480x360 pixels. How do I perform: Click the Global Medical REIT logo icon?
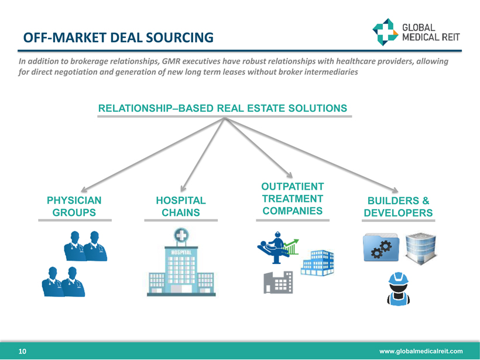pyautogui.click(x=385, y=32)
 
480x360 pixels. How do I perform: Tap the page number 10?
pyautogui.click(x=22, y=351)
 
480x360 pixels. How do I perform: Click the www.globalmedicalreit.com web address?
pyautogui.click(x=421, y=351)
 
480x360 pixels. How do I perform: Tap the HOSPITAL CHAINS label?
pyautogui.click(x=181, y=207)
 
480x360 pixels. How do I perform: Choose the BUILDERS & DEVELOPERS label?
pyautogui.click(x=398, y=207)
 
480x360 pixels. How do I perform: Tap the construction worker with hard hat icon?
pyautogui.click(x=399, y=289)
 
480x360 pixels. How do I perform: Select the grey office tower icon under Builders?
pyautogui.click(x=421, y=246)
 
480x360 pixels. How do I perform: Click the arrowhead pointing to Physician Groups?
pyautogui.click(x=83, y=188)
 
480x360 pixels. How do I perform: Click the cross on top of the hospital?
pyautogui.click(x=181, y=236)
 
